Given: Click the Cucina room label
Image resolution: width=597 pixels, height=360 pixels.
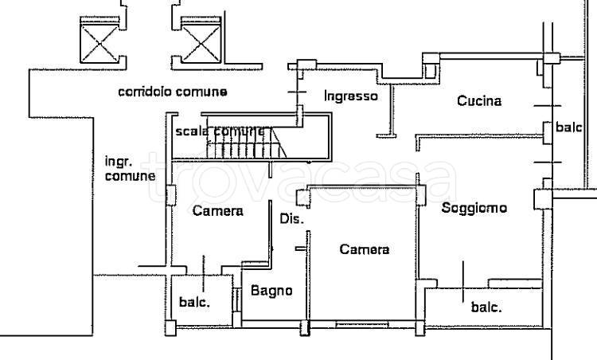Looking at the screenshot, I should point(478,101).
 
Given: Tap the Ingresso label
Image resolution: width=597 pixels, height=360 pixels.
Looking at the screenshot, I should point(350,96).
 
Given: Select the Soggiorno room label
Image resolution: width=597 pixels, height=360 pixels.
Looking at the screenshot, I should point(474,208).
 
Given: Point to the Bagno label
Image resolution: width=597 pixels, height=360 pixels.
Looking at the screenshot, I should point(271,291).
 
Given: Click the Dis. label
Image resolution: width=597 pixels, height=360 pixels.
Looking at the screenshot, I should point(291,219).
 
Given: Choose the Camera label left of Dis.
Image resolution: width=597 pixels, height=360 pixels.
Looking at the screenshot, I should point(217,211).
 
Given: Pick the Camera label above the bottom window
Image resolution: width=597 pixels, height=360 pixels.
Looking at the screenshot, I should point(364,249).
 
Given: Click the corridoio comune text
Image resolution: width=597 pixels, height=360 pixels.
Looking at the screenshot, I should point(172,92).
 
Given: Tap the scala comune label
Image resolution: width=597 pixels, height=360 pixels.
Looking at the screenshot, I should point(220,131).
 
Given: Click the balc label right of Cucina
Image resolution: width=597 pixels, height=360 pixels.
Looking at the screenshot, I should point(569,127).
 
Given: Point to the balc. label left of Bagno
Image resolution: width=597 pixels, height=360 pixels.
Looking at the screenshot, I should point(194,303).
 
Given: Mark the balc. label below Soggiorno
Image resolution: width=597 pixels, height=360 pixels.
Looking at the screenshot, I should point(485,307).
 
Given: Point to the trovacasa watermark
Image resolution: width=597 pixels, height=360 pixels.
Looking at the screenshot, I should point(302,182).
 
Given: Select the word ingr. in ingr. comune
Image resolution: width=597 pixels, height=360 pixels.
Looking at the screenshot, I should point(117,161).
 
